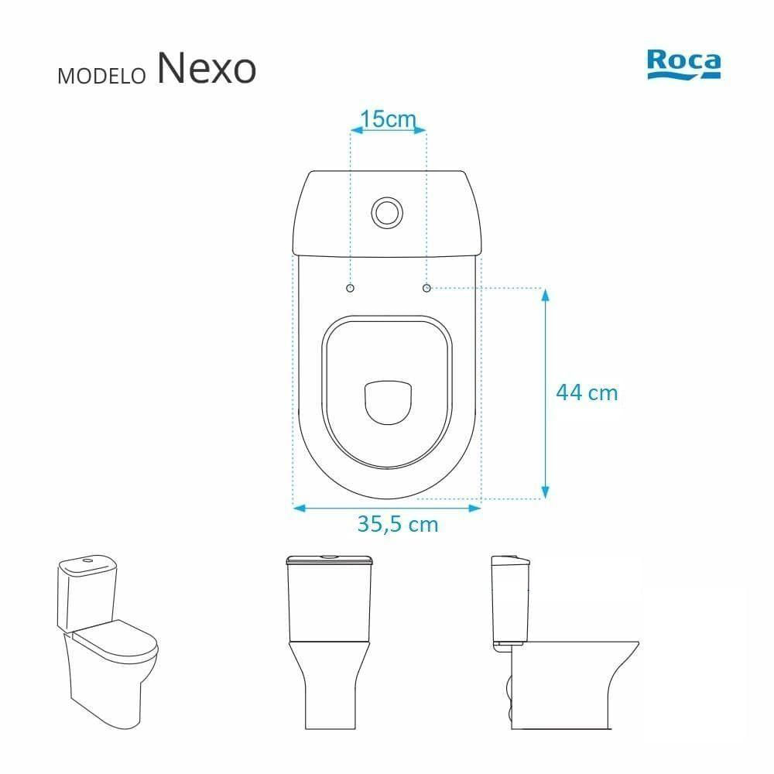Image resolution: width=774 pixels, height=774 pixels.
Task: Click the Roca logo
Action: [683, 64]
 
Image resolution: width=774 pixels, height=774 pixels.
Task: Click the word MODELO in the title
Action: [101, 76]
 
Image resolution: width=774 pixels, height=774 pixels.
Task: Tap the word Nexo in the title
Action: [207, 68]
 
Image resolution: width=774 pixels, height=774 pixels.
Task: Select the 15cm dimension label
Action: [388, 119]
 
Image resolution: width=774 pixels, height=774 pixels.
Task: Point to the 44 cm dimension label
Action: [587, 393]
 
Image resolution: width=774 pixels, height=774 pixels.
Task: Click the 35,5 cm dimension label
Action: [398, 524]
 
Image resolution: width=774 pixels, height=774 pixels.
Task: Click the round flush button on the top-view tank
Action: [387, 213]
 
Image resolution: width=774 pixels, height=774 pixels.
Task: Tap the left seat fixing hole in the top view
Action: [351, 288]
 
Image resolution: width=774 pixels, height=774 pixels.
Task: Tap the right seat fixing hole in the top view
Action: [427, 288]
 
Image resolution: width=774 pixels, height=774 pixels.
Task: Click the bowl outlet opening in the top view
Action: [388, 402]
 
